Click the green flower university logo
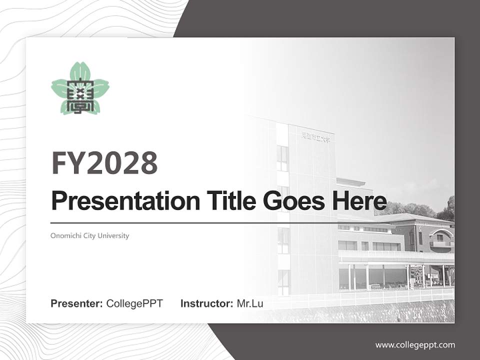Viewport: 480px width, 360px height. [x=80, y=88]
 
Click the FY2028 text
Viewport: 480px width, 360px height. [x=104, y=162]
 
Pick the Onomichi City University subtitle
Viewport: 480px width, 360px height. [x=90, y=235]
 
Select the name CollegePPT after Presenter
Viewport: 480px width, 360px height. [x=134, y=303]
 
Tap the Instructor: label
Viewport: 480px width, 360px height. [x=206, y=303]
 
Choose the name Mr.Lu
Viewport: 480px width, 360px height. [x=250, y=303]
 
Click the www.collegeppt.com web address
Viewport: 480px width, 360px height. [x=415, y=344]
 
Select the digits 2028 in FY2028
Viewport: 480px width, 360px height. [x=122, y=162]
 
